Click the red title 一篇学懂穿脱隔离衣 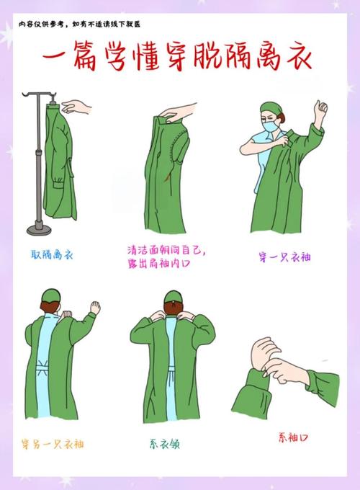coord(180,56)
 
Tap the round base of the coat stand coord(39,228)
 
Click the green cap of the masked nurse coord(271,109)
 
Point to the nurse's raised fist coord(320,108)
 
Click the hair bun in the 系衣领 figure coord(170,297)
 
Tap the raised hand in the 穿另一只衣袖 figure coord(94,307)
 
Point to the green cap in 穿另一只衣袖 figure coord(50,295)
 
